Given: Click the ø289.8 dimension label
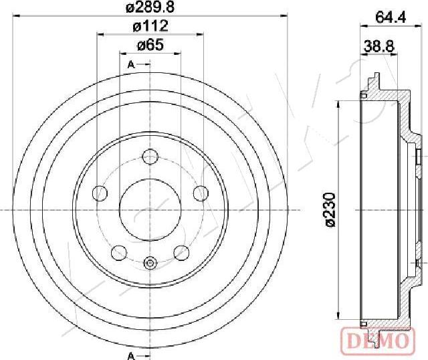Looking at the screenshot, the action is (x=150, y=7).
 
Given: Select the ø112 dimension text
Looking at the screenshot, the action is (x=150, y=26).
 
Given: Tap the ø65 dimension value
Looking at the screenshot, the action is (x=150, y=45).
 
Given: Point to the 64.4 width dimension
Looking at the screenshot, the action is (x=391, y=17).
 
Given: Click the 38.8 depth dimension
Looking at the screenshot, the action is (x=379, y=46).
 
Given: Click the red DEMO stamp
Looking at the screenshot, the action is (x=378, y=341).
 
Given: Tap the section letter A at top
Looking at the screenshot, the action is (x=131, y=65).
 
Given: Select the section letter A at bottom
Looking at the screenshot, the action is (x=131, y=356).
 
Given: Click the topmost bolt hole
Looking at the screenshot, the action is (x=150, y=157).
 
